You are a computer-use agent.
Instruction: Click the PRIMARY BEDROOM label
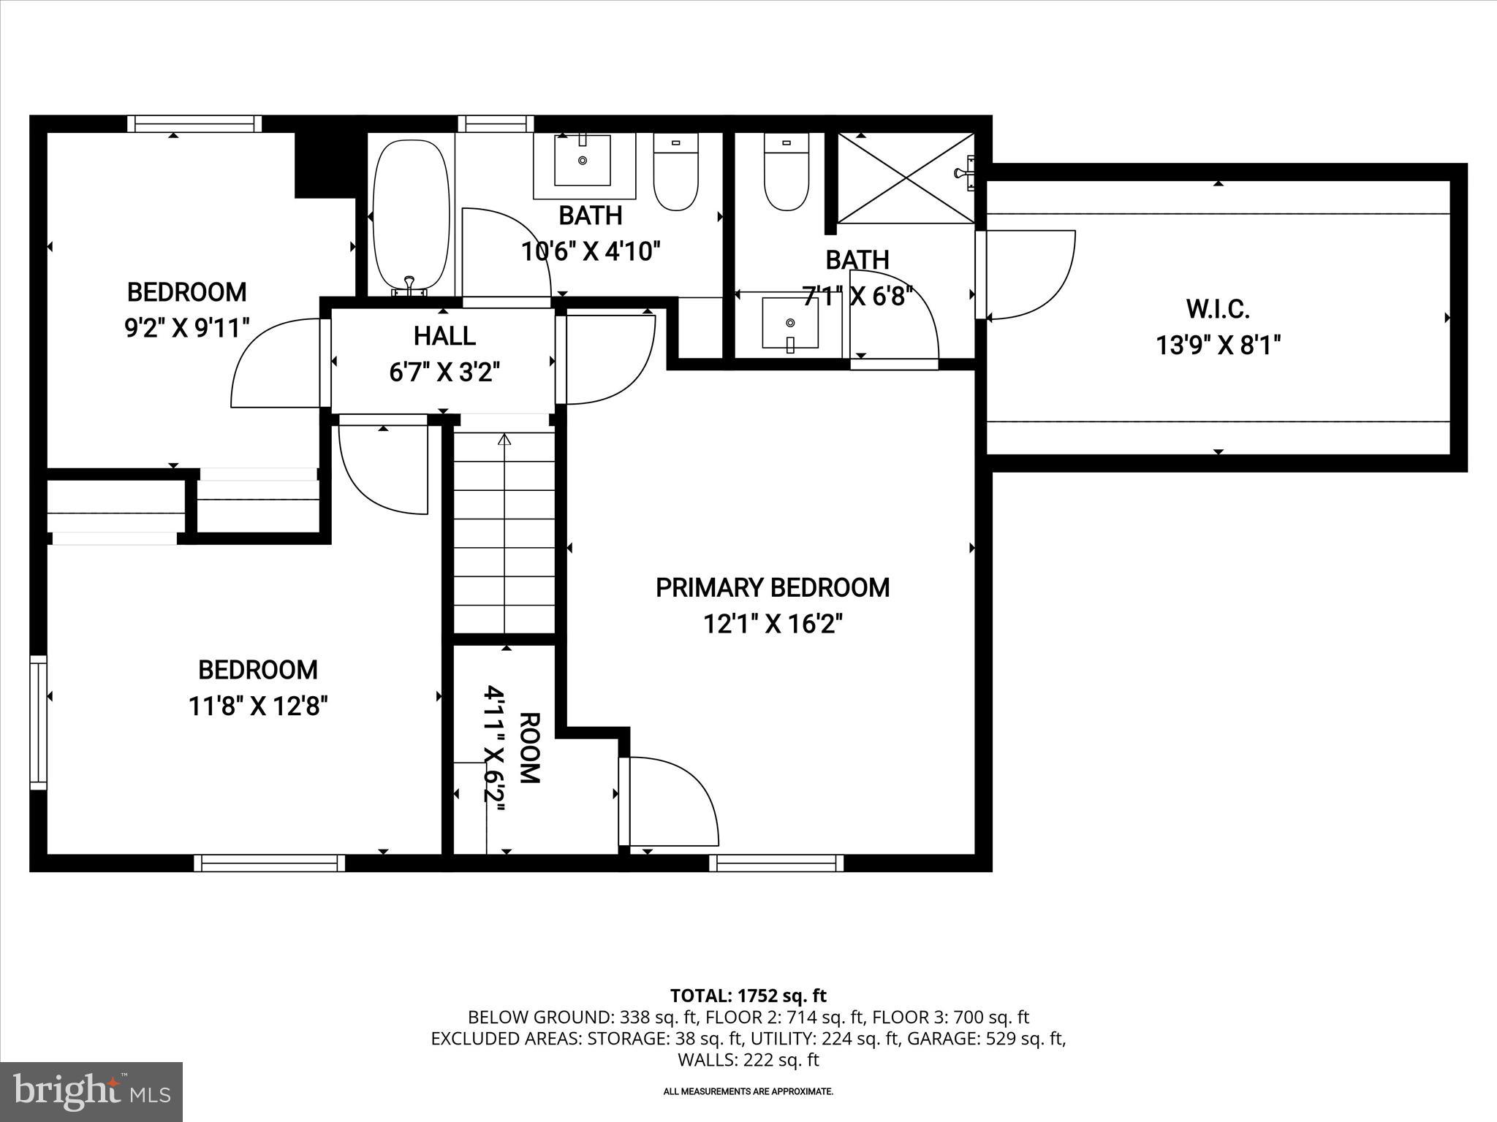(772, 587)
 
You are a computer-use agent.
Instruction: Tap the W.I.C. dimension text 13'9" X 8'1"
(1218, 345)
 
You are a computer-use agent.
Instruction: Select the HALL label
(444, 336)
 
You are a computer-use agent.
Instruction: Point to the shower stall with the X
(905, 178)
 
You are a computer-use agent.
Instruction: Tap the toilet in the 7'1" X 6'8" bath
(787, 172)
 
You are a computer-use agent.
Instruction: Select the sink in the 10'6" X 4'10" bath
(583, 161)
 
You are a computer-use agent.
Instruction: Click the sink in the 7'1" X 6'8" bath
(790, 322)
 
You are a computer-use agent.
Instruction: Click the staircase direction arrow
(504, 440)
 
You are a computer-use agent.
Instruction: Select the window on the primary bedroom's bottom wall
(776, 863)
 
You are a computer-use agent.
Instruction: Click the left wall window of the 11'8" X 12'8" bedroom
(37, 722)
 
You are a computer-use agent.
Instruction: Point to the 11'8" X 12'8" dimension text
(258, 706)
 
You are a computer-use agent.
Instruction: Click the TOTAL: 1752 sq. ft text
(748, 996)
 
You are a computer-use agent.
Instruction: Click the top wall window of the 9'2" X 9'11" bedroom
(194, 123)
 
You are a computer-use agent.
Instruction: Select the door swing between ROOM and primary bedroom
(669, 802)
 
